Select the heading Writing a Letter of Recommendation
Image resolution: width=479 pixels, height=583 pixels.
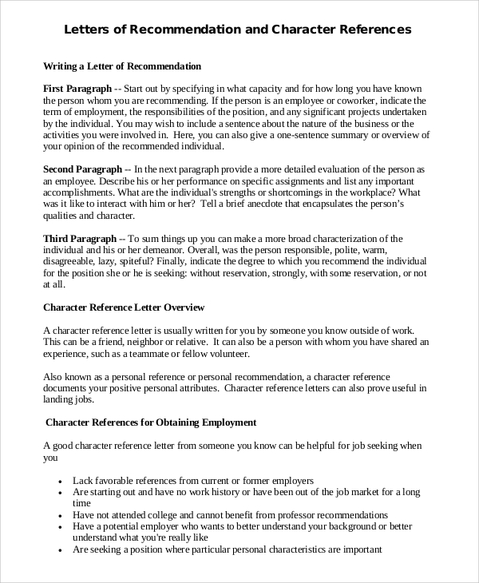(x=121, y=65)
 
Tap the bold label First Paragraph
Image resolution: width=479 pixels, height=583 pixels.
(x=77, y=89)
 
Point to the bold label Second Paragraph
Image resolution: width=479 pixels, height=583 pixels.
(x=82, y=169)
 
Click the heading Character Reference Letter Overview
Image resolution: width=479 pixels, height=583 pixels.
(x=124, y=307)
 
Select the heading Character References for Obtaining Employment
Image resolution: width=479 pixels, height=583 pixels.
(x=151, y=422)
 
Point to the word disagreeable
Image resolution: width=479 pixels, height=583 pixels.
(x=73, y=262)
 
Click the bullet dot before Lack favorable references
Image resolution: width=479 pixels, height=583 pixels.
(x=61, y=482)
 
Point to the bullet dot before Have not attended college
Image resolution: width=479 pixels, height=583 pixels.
(x=61, y=516)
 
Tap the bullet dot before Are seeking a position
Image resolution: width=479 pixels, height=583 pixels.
(x=61, y=550)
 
